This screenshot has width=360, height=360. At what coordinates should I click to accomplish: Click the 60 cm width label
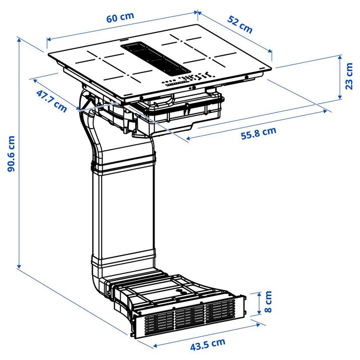(x=120, y=18)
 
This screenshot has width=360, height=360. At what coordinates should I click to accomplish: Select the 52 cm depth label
(x=240, y=25)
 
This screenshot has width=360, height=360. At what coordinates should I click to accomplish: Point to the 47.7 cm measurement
(x=51, y=100)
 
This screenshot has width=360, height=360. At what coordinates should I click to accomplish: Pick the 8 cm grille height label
(x=268, y=302)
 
